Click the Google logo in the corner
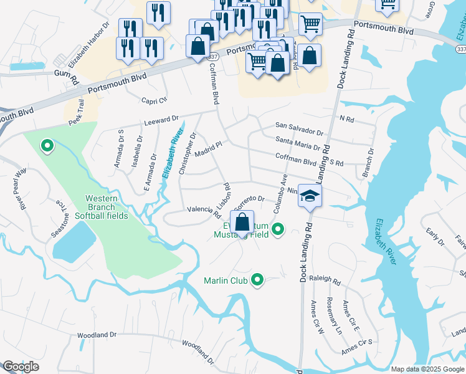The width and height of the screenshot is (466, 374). point(21,367)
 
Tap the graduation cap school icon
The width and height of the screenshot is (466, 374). point(309,196)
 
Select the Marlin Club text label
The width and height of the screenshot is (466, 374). point(226,280)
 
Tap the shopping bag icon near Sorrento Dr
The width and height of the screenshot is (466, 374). point(242,222)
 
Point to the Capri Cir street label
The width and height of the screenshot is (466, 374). point(155,100)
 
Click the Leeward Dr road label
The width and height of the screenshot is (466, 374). point(161,118)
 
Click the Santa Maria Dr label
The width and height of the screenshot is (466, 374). point(298,145)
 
